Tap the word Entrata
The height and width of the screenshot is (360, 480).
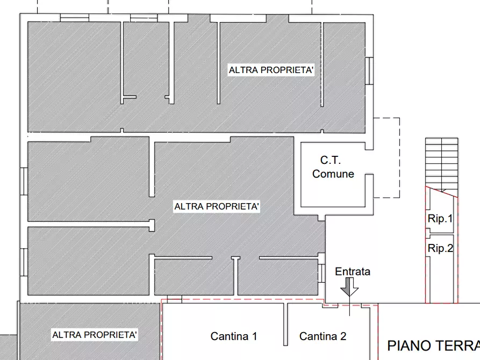point(353,272)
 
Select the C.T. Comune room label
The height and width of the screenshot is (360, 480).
point(333,167)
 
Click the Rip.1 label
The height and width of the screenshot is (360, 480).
point(440,219)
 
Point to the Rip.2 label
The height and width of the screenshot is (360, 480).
point(440,249)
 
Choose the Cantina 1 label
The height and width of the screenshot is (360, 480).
point(233,337)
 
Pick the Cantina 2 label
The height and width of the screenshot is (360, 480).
point(323,337)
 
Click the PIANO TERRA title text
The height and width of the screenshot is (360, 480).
point(433,345)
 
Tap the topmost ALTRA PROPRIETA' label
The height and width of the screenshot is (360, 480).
point(271,70)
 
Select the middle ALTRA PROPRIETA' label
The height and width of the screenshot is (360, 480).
point(217,207)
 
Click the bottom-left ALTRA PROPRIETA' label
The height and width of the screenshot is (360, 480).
point(95,335)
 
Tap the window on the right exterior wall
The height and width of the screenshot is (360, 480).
point(369,70)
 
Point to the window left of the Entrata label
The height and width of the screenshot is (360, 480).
point(321,272)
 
